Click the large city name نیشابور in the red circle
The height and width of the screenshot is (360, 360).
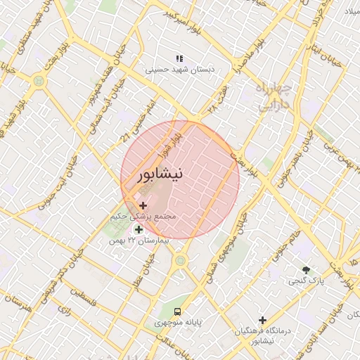160,174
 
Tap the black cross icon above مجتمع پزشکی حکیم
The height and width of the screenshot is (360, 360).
143,205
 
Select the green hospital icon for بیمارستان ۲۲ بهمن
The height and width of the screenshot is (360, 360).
139,229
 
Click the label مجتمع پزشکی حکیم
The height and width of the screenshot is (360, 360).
143,217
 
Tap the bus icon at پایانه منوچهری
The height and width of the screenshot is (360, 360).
178,310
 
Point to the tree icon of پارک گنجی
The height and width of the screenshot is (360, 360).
306,269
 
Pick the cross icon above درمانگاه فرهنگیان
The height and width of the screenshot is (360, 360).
262,320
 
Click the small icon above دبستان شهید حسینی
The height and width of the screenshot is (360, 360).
179,58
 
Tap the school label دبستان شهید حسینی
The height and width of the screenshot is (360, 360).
179,70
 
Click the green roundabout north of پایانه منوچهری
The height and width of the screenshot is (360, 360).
181,261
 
